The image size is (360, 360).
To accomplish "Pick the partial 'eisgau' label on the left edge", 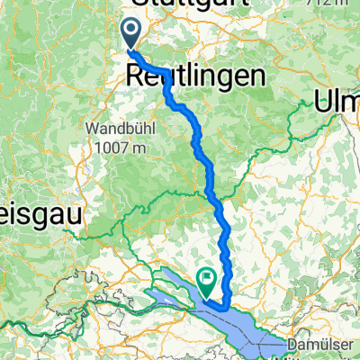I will pos(40,214).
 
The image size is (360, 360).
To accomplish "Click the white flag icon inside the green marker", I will pos(209,281).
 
